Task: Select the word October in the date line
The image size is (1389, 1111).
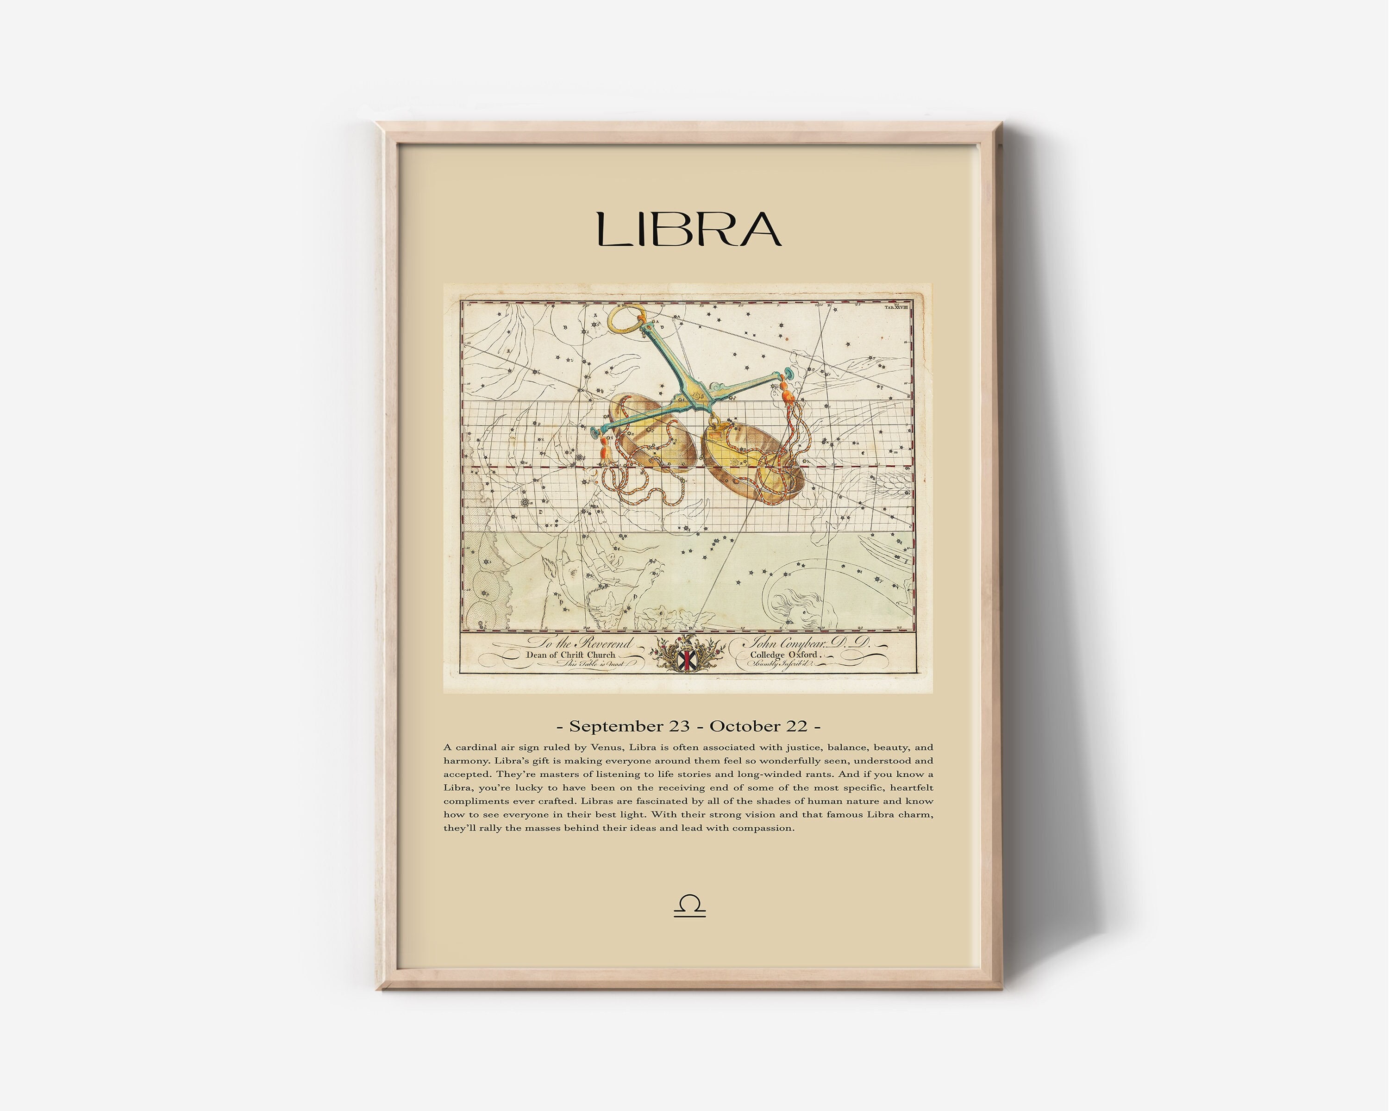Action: [757, 726]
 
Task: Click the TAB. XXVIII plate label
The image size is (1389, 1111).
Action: [896, 308]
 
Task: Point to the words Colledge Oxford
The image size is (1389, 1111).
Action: [783, 655]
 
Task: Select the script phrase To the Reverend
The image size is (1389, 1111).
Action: [580, 643]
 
